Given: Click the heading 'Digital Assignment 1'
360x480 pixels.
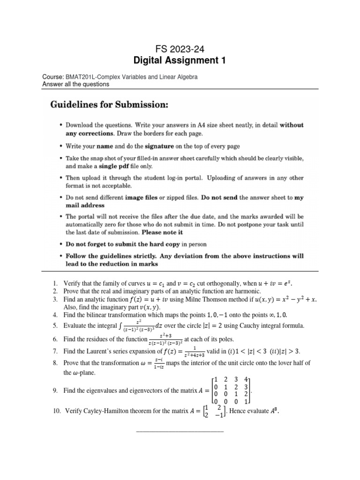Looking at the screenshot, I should [180, 60].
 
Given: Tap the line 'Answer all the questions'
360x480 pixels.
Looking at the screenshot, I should [75, 84].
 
